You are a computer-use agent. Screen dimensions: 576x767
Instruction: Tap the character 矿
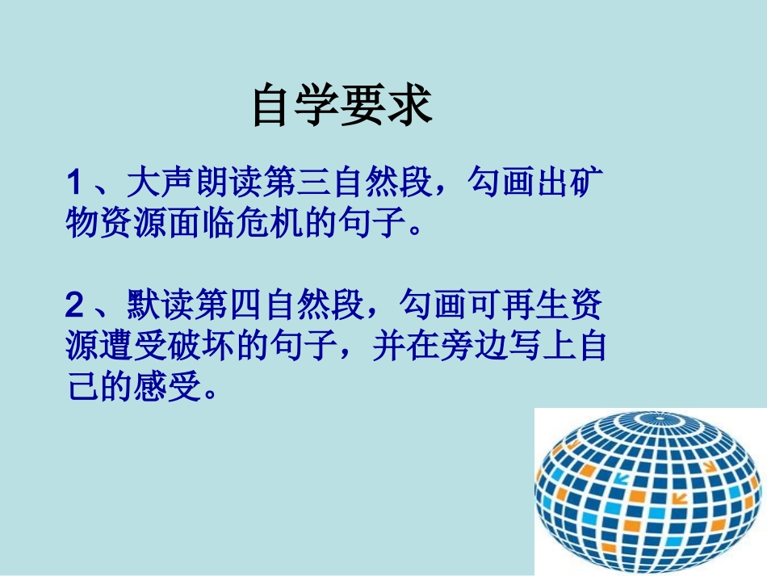591,184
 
